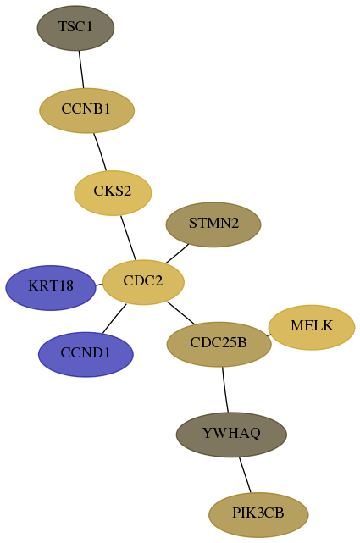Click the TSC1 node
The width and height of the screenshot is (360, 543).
pyautogui.click(x=75, y=28)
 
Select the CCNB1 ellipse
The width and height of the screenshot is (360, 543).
pyautogui.click(x=86, y=110)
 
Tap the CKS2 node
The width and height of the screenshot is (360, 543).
pyautogui.click(x=113, y=193)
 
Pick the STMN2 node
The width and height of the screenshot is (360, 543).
pyautogui.click(x=213, y=224)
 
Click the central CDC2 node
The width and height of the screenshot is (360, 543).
pyautogui.click(x=143, y=282)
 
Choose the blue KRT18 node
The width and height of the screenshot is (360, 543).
pyautogui.click(x=51, y=288)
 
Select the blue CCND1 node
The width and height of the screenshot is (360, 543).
pyautogui.click(x=86, y=354)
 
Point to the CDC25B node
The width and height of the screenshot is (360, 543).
pyautogui.click(x=219, y=344)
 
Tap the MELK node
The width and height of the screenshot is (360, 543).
pyautogui.click(x=312, y=327)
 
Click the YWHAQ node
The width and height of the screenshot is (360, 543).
pyautogui.click(x=231, y=435)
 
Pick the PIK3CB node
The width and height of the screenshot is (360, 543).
pyautogui.click(x=258, y=515)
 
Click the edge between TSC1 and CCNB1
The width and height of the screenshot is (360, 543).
pyautogui.click(x=81, y=69)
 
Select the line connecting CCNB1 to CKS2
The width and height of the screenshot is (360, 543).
pyautogui.click(x=100, y=152)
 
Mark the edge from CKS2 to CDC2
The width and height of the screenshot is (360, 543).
pyautogui.click(x=128, y=237)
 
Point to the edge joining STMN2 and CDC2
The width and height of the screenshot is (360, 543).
pyautogui.click(x=177, y=253)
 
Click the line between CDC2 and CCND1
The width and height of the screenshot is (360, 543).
pyautogui.click(x=114, y=319)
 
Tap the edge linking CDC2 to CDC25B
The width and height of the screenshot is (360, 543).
pyautogui.click(x=180, y=313)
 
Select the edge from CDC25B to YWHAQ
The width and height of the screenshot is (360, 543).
pyautogui.click(x=225, y=390)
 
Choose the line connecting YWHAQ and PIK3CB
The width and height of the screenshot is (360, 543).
pyautogui.click(x=245, y=474)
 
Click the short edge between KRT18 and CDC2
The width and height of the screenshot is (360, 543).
pyautogui.click(x=99, y=285)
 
